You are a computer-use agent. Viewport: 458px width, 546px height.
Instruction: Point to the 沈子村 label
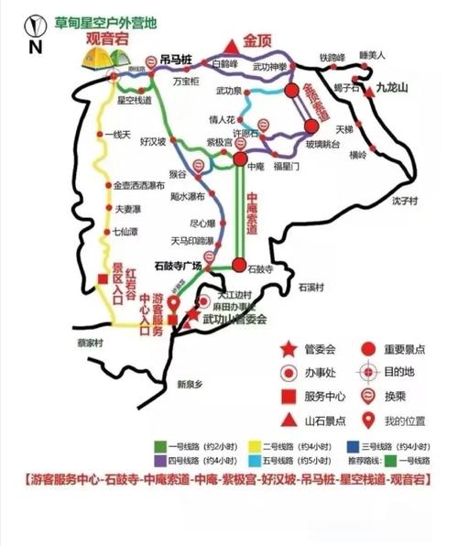pos(404,200)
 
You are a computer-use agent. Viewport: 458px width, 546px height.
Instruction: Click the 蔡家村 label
pos(67,344)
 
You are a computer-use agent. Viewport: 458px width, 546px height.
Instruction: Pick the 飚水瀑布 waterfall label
pos(187,196)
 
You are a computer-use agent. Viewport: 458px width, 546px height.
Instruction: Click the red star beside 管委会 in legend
pos(289,348)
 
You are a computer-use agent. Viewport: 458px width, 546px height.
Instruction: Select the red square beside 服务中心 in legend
pos(289,397)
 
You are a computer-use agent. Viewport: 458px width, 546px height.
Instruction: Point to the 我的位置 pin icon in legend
pos(369,421)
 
